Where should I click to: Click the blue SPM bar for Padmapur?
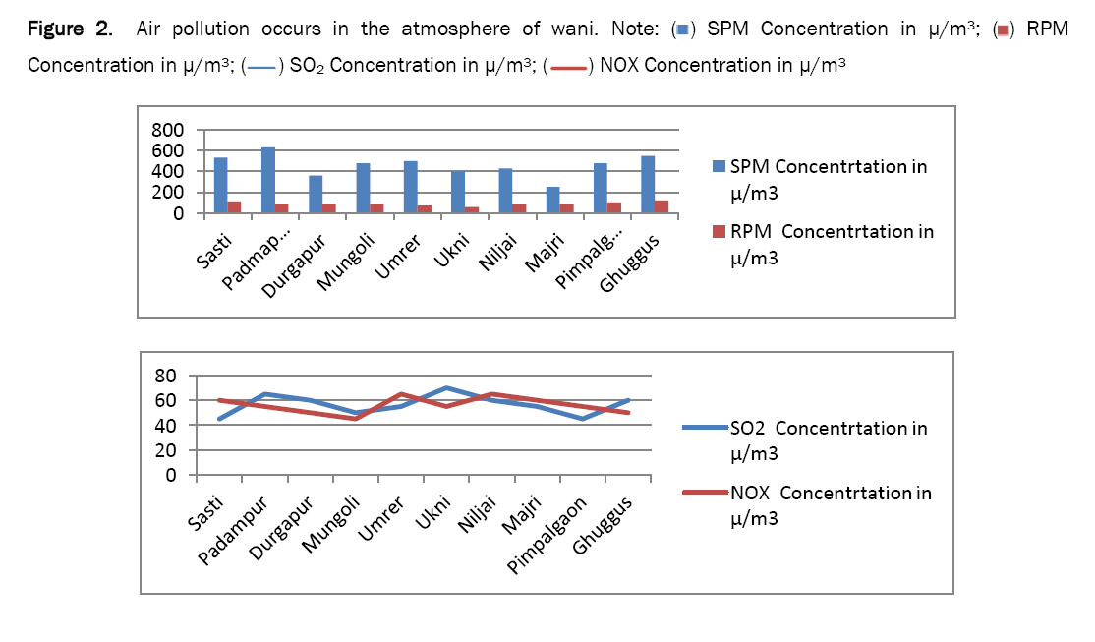268,180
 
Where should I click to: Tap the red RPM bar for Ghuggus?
662,206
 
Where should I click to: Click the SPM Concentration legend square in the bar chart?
719,166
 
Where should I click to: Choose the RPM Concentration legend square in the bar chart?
719,232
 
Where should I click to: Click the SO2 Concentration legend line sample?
705,428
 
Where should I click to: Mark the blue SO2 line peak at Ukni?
447,387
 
